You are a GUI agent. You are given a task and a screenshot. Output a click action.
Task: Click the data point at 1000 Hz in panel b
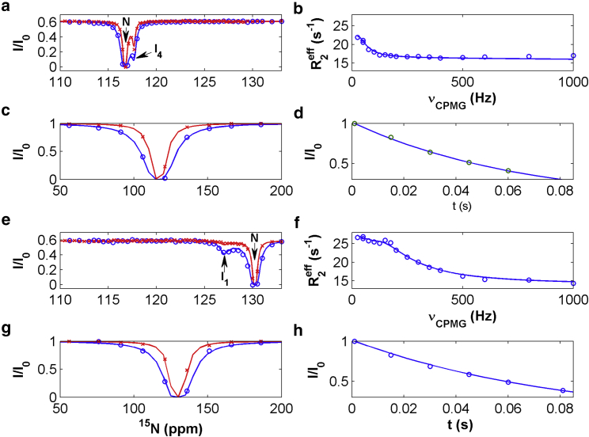click(x=573, y=56)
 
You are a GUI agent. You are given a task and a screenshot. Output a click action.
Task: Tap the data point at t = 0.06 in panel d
click(x=508, y=170)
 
